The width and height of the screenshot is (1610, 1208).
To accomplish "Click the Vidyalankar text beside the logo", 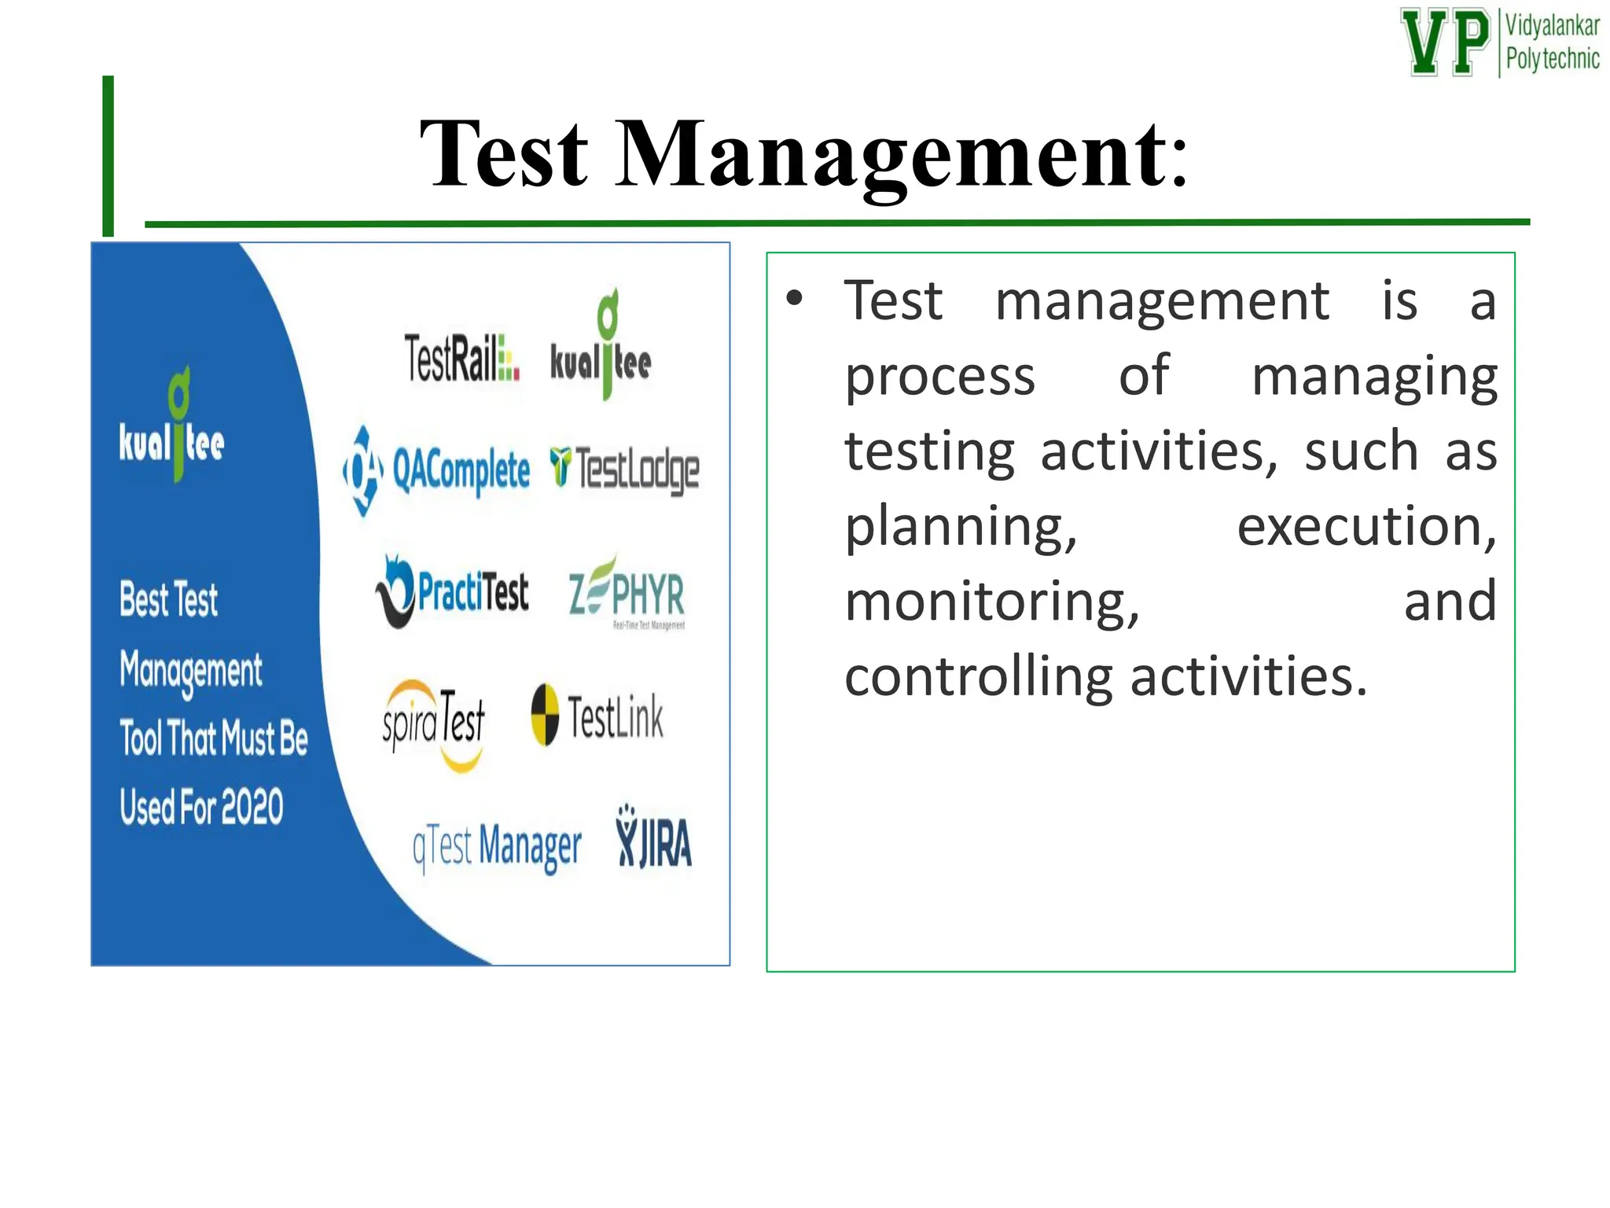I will pyautogui.click(x=1552, y=26).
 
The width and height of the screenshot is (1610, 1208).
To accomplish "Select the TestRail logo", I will pyautogui.click(x=461, y=358).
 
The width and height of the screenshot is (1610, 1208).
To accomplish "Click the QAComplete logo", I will pyautogui.click(x=437, y=470).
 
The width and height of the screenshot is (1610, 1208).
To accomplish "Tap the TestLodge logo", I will pyautogui.click(x=624, y=469).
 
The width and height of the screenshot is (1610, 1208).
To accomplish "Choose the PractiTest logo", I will pyautogui.click(x=452, y=591).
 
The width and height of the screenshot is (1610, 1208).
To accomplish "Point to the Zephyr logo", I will pyautogui.click(x=627, y=595).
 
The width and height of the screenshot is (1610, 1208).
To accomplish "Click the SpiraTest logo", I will pyautogui.click(x=434, y=722).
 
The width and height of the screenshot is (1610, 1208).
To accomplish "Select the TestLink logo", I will pyautogui.click(x=597, y=716).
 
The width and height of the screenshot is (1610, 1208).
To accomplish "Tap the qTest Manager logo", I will pyautogui.click(x=497, y=848).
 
